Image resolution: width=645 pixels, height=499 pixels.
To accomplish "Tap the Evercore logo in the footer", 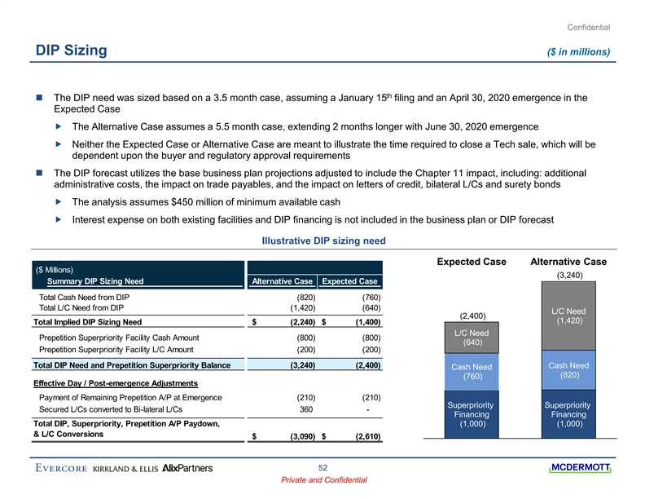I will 62,468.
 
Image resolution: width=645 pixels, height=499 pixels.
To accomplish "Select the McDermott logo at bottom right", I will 581,467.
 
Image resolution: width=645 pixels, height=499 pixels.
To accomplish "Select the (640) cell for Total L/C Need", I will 371,307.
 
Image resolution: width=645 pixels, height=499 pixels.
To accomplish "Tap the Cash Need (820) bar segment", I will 569,370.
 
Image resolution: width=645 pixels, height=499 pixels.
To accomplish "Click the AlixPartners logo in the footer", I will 188,468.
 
